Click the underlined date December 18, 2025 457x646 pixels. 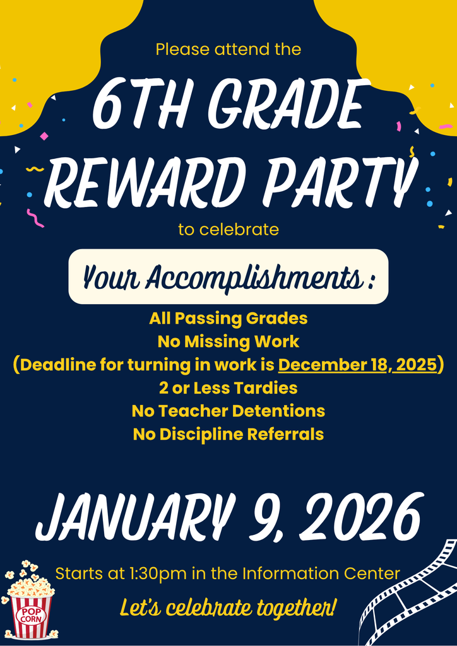pyautogui.click(x=357, y=365)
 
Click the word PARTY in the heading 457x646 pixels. pyautogui.click(x=341, y=183)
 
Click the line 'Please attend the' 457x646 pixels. pyautogui.click(x=228, y=49)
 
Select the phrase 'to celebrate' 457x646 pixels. pyautogui.click(x=228, y=230)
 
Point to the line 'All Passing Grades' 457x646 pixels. pyautogui.click(x=228, y=319)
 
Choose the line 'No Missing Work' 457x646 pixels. pyautogui.click(x=228, y=342)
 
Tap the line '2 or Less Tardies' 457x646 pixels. pyautogui.click(x=228, y=387)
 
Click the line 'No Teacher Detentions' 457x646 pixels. pyautogui.click(x=228, y=411)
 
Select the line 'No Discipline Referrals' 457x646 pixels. pyautogui.click(x=228, y=434)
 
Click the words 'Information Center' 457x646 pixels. pyautogui.click(x=321, y=574)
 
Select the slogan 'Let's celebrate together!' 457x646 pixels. pyautogui.click(x=228, y=608)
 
